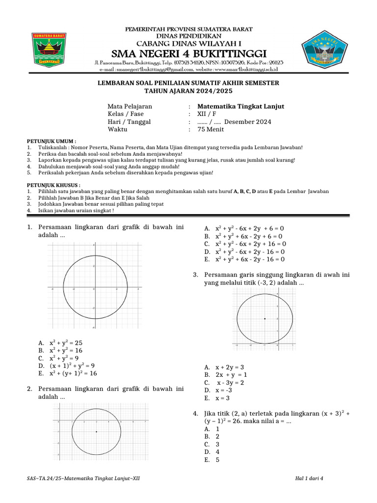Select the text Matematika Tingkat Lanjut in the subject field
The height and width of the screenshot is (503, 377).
[241, 106]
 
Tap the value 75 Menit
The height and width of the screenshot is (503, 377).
[210, 130]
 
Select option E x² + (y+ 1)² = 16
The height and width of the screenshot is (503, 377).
[73, 374]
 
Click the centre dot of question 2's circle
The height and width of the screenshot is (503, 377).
[97, 432]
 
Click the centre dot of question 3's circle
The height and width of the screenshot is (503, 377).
[265, 319]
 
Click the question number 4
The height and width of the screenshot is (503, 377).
[196, 414]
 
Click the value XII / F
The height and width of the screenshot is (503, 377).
[210, 114]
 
